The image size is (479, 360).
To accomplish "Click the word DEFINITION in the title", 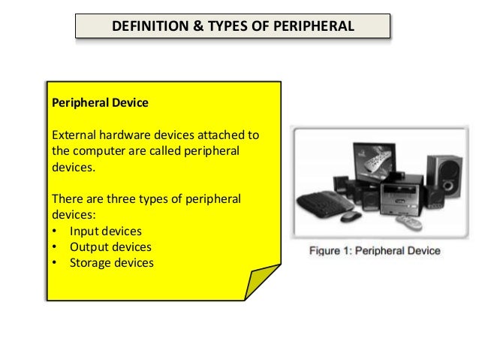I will tap(148, 27).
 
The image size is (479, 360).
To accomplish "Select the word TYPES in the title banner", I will tap(218, 27).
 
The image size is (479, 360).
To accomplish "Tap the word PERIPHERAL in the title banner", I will tap(312, 27).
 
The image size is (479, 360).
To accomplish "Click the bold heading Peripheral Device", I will tap(100, 103).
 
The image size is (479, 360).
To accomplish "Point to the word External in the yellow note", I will tap(73, 136).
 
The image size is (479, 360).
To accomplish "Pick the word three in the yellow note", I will tap(138, 198).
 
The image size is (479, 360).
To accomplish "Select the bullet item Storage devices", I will tap(111, 263).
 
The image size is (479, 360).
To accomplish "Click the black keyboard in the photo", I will tap(323, 201).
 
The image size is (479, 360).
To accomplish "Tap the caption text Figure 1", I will tap(330, 250).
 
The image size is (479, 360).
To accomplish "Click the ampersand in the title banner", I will tap(189, 27).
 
